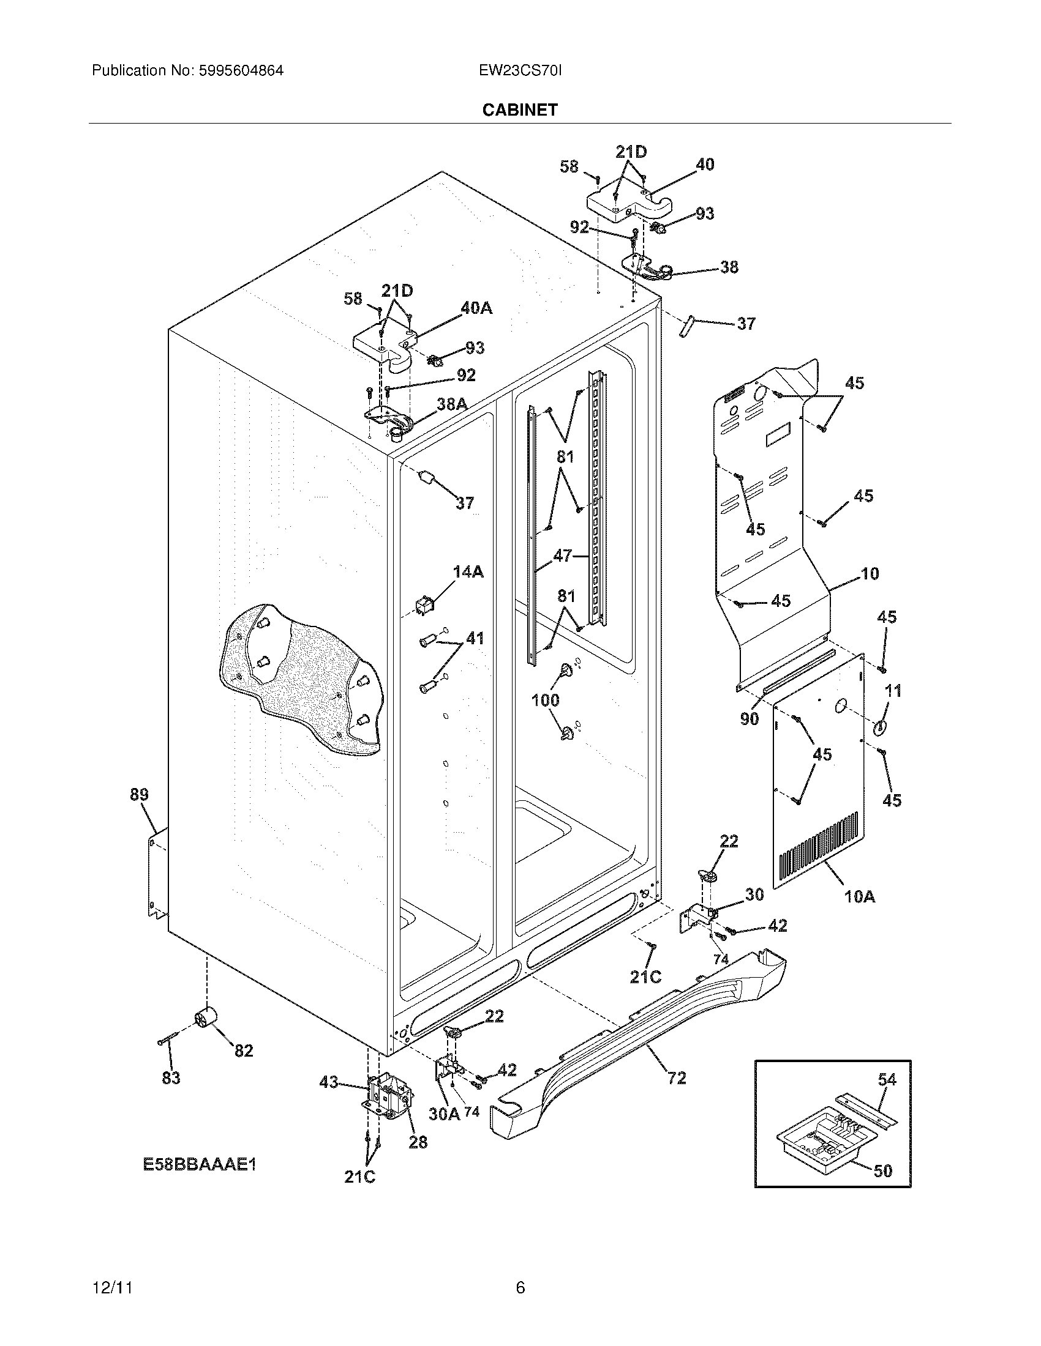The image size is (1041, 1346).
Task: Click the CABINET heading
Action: click(520, 110)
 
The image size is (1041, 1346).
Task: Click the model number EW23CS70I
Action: click(520, 70)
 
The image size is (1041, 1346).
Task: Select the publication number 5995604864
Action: click(241, 70)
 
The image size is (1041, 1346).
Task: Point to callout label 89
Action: click(140, 794)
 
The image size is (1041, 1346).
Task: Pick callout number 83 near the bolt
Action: click(171, 1078)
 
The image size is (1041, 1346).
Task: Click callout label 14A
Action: click(468, 572)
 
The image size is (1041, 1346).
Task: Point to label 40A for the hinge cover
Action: click(476, 308)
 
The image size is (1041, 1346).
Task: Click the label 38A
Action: click(451, 404)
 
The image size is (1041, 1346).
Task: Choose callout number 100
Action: click(545, 699)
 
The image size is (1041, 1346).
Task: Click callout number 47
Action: click(562, 556)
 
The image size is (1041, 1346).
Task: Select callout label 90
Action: click(750, 719)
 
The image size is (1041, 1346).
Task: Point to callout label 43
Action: click(329, 1082)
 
